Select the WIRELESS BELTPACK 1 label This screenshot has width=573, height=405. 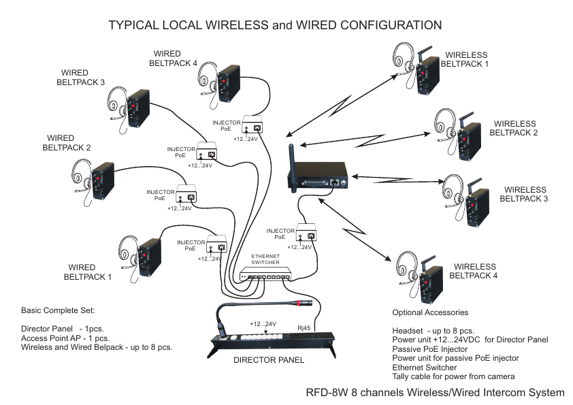click(x=465, y=59)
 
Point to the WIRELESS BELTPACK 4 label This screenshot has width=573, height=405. click(x=475, y=272)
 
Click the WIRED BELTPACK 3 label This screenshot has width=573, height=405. click(x=80, y=77)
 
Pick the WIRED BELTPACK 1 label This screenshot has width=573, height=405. click(x=86, y=272)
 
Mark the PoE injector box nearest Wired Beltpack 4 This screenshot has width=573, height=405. click(x=256, y=127)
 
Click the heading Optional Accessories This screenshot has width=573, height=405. click(x=430, y=312)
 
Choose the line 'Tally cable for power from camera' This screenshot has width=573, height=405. click(x=454, y=376)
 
